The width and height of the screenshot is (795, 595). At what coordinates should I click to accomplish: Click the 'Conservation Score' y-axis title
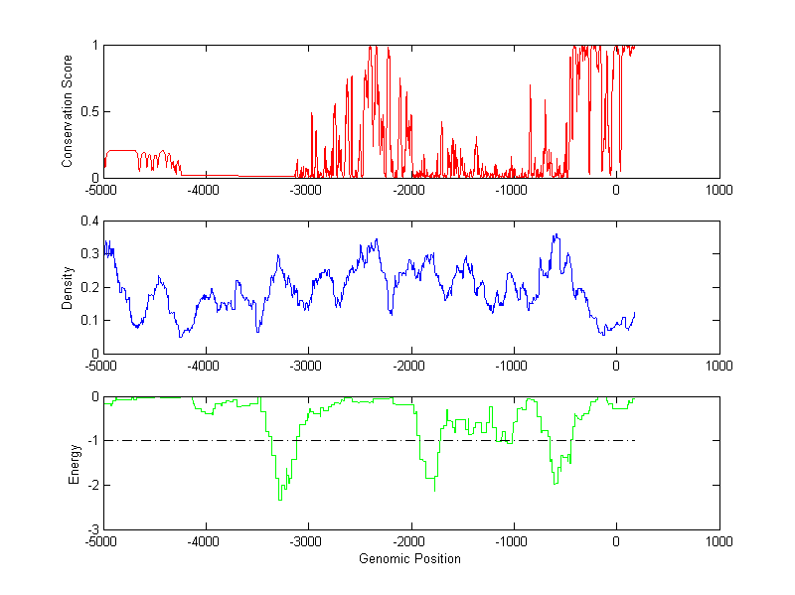(69, 111)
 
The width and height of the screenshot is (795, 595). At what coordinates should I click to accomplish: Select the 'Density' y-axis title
(69, 286)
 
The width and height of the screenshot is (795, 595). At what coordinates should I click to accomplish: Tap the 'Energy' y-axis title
(74, 463)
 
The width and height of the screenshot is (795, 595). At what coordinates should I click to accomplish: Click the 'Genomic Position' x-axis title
(409, 559)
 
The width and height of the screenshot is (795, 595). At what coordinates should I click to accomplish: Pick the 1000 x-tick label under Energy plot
(718, 542)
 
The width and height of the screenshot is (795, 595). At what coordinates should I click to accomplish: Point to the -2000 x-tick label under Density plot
(410, 366)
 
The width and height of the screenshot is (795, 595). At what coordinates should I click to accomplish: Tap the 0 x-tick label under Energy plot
(616, 542)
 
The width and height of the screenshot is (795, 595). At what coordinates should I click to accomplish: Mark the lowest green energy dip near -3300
(280, 499)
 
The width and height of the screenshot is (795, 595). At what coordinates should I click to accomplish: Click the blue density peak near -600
(556, 234)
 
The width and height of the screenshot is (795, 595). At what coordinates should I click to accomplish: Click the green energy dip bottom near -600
(555, 483)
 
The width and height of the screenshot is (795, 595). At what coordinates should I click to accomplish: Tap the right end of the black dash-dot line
(634, 440)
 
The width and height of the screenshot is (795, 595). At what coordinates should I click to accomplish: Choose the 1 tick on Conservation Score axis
(95, 45)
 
